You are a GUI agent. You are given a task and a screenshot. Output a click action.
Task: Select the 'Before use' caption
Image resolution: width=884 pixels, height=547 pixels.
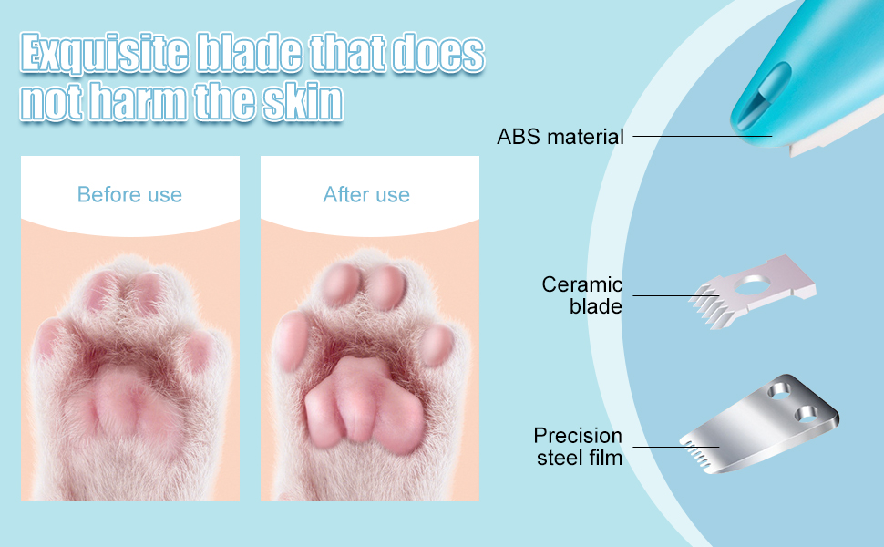point(129,195)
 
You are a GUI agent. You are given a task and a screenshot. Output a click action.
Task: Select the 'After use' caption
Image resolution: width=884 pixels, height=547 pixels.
point(366,195)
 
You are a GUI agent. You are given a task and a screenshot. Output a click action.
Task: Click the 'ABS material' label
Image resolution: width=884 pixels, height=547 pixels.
point(560,138)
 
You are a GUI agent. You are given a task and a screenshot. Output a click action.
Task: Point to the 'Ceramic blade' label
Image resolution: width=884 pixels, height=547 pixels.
point(582,295)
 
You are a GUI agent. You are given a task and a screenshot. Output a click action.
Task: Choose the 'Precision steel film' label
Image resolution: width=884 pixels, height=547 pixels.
point(579,446)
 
